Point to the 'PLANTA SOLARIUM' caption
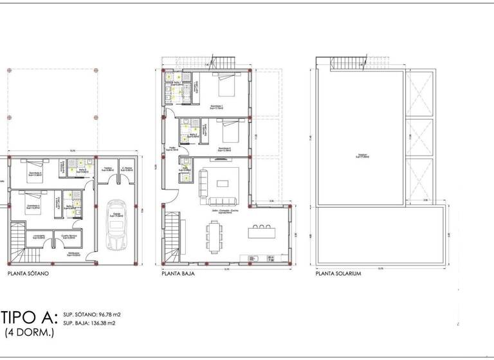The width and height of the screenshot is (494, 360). point(338,273)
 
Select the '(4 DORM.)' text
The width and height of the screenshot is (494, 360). point(30,332)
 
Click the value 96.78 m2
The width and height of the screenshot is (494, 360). point(107,314)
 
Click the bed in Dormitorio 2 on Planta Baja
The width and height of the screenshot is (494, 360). point(226,132)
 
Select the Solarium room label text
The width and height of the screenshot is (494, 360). point(361,156)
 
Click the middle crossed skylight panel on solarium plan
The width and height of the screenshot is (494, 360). point(419,138)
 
